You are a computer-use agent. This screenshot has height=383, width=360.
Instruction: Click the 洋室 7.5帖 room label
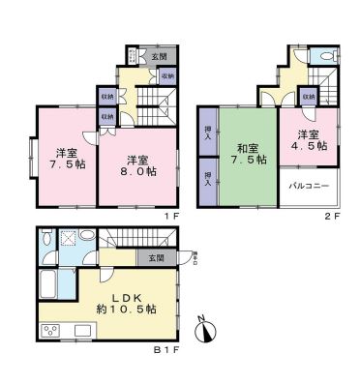pos(66,159)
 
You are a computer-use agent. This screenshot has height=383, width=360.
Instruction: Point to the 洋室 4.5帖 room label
pos(310,140)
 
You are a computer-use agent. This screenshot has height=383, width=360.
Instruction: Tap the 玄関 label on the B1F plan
pos(156,258)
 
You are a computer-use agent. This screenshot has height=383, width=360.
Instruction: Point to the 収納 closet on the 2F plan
pos(308,97)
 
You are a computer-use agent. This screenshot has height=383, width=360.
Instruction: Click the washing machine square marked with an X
pos(68,241)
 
